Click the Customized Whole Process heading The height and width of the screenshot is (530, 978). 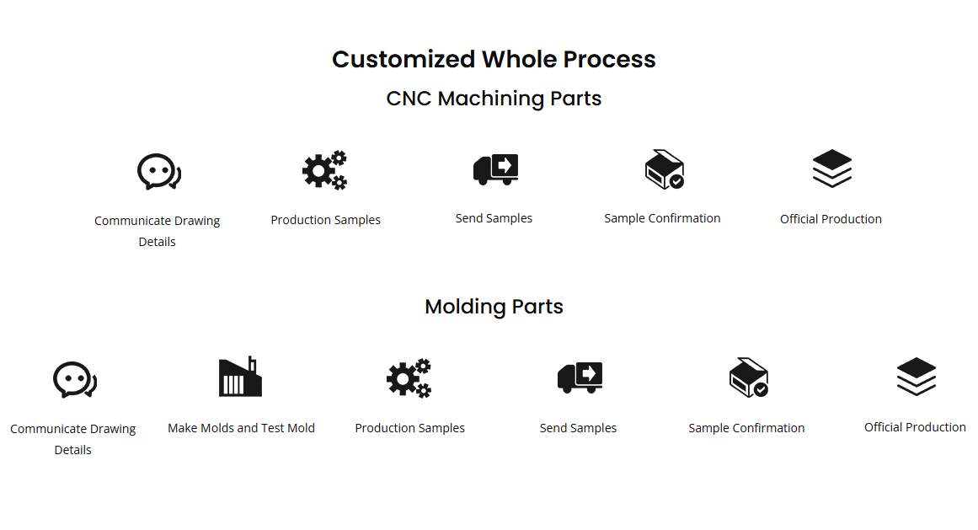click(x=494, y=60)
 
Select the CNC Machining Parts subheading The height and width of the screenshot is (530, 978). click(x=494, y=99)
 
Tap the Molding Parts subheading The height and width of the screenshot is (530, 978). click(x=494, y=307)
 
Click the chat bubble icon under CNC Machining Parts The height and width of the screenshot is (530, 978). click(x=158, y=172)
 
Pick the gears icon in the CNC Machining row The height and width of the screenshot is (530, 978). click(x=325, y=170)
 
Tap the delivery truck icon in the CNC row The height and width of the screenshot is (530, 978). click(x=495, y=169)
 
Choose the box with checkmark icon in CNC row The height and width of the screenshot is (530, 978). click(x=664, y=169)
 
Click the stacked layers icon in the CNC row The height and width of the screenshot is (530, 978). click(x=832, y=169)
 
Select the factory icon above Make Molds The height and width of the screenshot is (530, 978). click(x=240, y=377)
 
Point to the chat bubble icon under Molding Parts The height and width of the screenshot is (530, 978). click(x=73, y=380)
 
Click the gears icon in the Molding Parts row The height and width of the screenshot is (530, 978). click(x=409, y=378)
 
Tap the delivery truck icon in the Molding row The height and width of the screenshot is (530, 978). click(x=580, y=377)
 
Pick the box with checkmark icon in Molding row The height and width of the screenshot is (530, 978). click(x=748, y=377)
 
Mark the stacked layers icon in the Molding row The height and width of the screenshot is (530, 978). click(x=917, y=377)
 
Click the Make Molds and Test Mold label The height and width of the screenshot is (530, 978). click(x=241, y=428)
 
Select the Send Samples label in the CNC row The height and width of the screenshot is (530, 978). click(x=494, y=218)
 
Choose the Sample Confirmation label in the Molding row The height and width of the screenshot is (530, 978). click(x=746, y=428)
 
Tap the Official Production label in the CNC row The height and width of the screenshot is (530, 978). click(x=831, y=219)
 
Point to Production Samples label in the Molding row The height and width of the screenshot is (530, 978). click(x=409, y=428)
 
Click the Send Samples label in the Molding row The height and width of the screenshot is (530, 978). click(x=578, y=428)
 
